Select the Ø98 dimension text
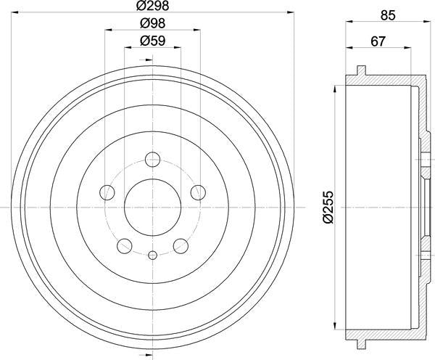[x=154, y=24]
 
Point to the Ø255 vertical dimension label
[x=328, y=207]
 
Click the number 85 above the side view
[x=388, y=14]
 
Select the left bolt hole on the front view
[x=107, y=192]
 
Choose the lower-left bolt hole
[x=125, y=245]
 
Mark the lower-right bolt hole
[x=181, y=245]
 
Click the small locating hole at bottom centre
[x=153, y=255]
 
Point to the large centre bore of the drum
[x=153, y=208]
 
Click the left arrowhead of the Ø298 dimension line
[x=17, y=14]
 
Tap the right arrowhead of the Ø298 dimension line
[x=289, y=14]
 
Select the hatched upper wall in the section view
[x=388, y=80]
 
